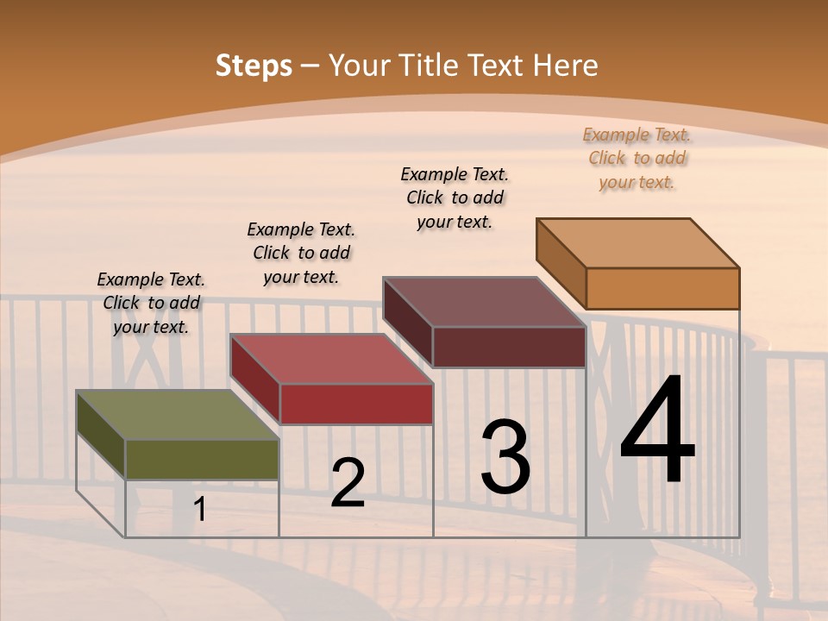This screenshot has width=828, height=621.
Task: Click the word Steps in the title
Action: point(254,66)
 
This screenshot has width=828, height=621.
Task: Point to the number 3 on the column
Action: point(505,456)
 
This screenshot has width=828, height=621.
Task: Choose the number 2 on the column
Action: point(348,483)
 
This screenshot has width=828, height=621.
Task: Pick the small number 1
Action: point(200,510)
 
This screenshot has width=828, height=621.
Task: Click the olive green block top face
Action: point(178,415)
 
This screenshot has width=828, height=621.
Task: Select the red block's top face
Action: point(331,359)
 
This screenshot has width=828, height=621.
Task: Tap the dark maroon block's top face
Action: point(484,302)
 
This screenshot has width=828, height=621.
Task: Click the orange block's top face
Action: point(638,242)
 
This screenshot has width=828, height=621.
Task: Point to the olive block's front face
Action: point(202,459)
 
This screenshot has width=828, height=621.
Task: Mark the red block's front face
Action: point(356,404)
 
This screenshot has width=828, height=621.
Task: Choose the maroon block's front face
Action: point(509,347)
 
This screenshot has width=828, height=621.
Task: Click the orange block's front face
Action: point(662,288)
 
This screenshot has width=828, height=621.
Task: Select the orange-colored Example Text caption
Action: point(637,158)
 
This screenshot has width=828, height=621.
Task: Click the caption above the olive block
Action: point(151,303)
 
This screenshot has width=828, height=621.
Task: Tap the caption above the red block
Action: point(301,253)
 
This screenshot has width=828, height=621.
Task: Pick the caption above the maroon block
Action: point(455,198)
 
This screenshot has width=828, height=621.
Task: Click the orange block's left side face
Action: point(561,264)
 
